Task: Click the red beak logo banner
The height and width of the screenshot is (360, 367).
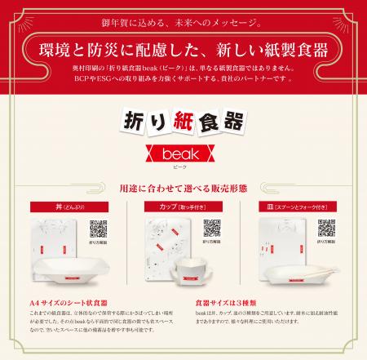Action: (183, 154)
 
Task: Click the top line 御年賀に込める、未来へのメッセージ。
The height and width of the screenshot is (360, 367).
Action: (183, 18)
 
